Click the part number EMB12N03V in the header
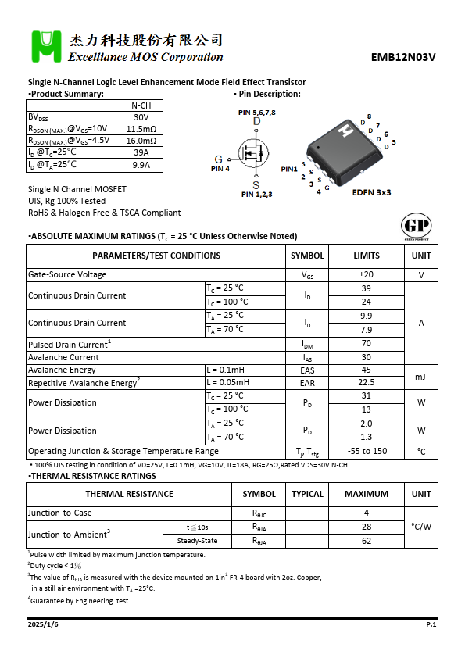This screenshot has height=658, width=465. click(x=403, y=57)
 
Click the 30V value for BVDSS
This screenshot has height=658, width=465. click(x=141, y=117)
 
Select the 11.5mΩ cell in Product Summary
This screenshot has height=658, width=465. click(x=141, y=129)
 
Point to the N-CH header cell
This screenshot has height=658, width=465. click(x=141, y=105)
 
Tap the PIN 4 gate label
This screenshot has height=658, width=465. click(x=220, y=168)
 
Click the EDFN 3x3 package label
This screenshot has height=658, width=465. click(x=372, y=191)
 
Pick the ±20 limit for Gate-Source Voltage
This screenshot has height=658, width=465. click(x=366, y=275)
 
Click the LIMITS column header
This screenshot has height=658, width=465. click(x=366, y=256)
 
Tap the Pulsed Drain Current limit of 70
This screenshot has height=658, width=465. click(x=366, y=345)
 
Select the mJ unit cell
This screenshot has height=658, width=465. click(x=420, y=377)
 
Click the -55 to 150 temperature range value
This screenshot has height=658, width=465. click(x=366, y=452)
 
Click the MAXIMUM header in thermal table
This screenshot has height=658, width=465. click(x=366, y=494)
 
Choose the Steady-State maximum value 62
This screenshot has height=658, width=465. click(x=366, y=541)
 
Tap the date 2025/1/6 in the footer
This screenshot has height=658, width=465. click(x=43, y=625)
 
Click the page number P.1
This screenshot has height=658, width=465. click(x=431, y=625)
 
